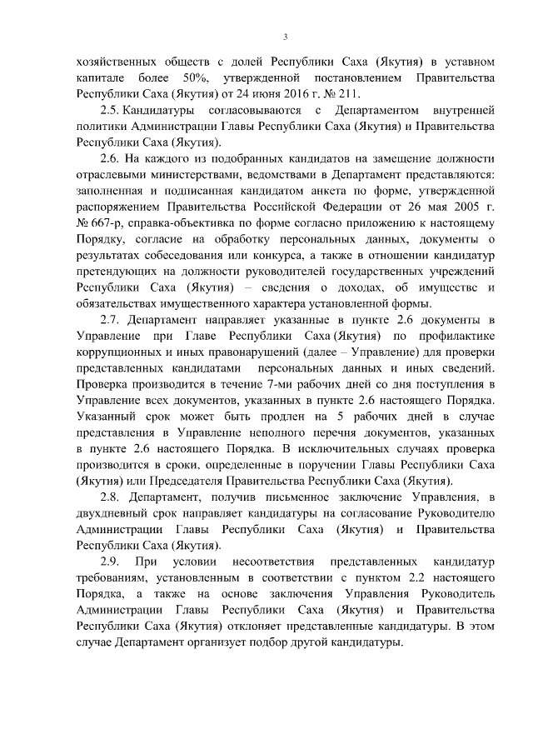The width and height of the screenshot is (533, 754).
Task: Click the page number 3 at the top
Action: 285,37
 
